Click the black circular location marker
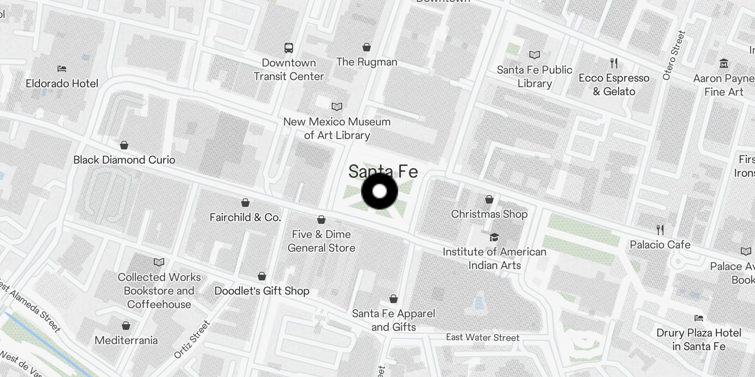[x=380, y=191]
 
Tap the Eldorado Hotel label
[x=62, y=83]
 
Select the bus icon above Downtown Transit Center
[x=288, y=48]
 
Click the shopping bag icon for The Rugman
[x=367, y=47]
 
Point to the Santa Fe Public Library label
[x=534, y=76]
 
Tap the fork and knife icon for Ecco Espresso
[x=614, y=63]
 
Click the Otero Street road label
[x=674, y=55]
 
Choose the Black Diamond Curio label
[x=124, y=160]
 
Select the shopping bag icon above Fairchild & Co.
[x=245, y=203]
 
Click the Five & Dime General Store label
[x=321, y=241]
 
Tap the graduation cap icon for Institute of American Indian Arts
[x=494, y=237]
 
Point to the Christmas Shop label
[x=489, y=214]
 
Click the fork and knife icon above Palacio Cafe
[x=660, y=230]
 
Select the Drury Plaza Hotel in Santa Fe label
[x=699, y=339]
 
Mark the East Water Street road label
[x=483, y=337]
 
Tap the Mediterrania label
[x=126, y=340]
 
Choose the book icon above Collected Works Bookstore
[x=159, y=262]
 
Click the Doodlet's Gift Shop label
[x=262, y=291]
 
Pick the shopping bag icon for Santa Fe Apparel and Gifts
[x=394, y=299]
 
